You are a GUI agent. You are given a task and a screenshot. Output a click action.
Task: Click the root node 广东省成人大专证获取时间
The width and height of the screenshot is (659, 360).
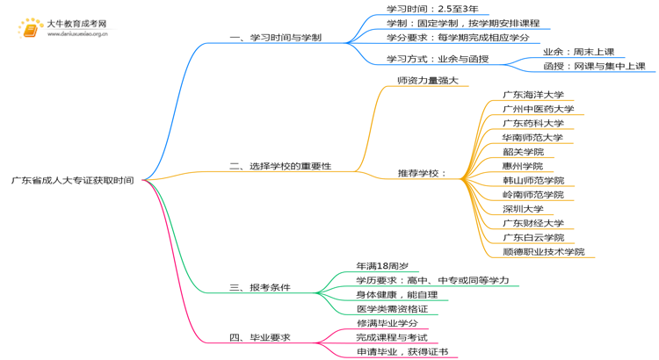pyautogui.click(x=72, y=181)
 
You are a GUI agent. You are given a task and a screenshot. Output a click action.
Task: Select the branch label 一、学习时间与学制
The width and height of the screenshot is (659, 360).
pyautogui.click(x=275, y=38)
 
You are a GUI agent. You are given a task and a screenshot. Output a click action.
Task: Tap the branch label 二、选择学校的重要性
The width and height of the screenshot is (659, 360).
pyautogui.click(x=280, y=166)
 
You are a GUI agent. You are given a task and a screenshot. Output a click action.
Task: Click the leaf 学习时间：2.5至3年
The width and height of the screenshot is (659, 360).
pyautogui.click(x=432, y=9)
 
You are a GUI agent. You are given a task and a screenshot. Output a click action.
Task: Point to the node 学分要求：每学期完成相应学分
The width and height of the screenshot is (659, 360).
pyautogui.click(x=458, y=38)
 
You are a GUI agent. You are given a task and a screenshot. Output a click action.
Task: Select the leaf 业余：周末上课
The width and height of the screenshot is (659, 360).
pyautogui.click(x=579, y=52)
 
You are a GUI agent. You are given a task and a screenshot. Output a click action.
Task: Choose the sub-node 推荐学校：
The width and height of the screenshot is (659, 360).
pyautogui.click(x=422, y=173)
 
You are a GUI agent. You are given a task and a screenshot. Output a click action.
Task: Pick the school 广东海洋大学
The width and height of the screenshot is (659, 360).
pyautogui.click(x=533, y=95)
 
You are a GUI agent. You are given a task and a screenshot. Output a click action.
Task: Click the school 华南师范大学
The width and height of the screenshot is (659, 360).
pyautogui.click(x=533, y=138)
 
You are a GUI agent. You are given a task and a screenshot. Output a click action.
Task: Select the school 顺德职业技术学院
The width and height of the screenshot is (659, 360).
pyautogui.click(x=544, y=252)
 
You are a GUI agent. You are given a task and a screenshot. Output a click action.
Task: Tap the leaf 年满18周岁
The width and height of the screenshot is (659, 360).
pyautogui.click(x=382, y=265)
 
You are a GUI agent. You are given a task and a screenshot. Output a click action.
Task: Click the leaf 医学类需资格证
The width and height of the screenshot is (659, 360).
pyautogui.click(x=392, y=308)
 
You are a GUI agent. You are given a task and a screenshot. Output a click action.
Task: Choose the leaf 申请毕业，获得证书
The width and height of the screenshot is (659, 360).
pyautogui.click(x=402, y=351)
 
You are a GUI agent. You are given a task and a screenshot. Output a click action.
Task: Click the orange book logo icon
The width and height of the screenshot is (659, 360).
pyautogui.click(x=29, y=30)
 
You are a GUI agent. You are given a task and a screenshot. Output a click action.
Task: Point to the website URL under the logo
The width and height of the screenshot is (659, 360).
pyautogui.click(x=77, y=34)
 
